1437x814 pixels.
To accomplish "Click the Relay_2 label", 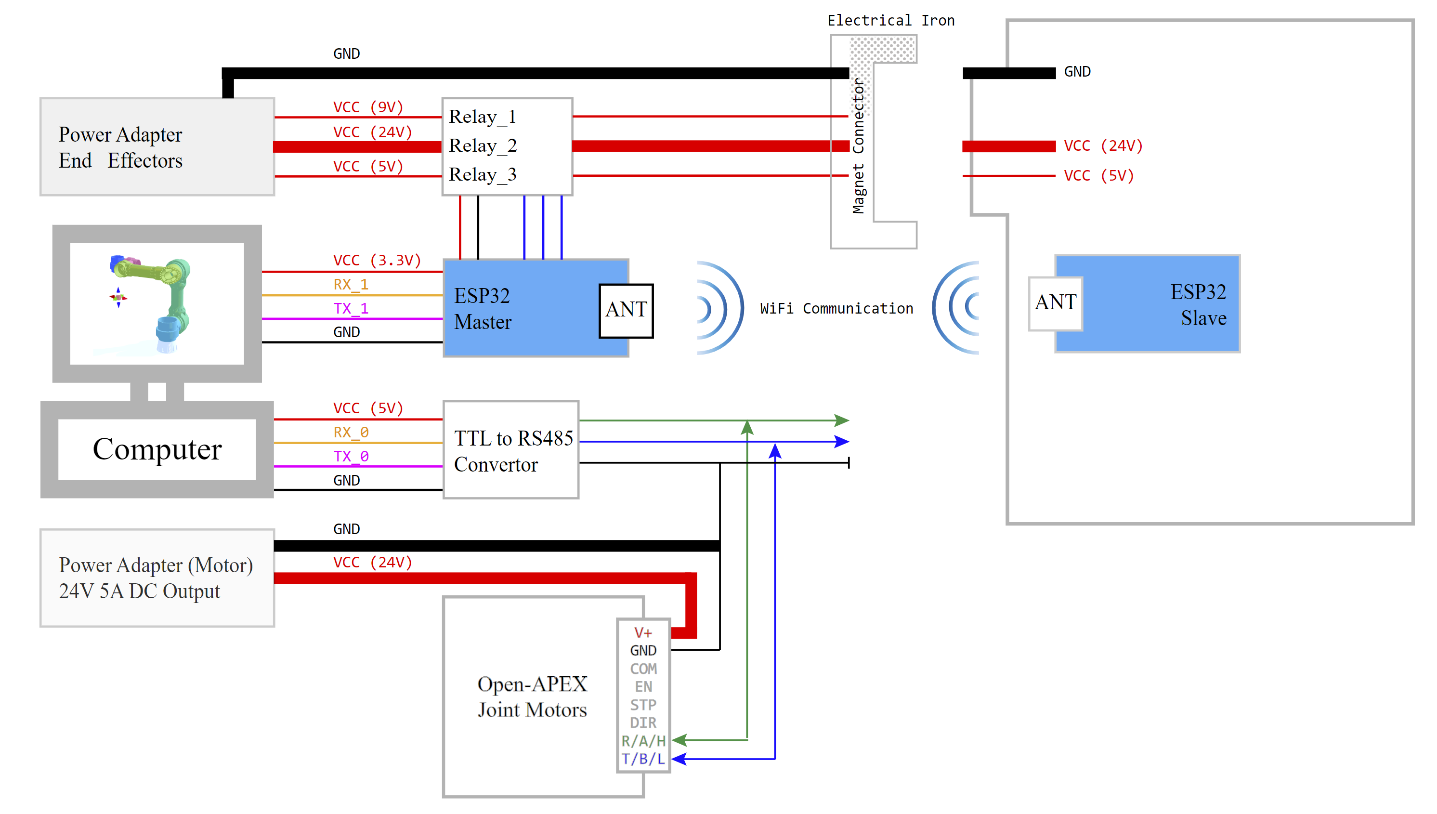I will click(483, 145).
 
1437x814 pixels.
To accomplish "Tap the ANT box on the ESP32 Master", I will click(626, 310).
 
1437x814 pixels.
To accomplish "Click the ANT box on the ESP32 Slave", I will click(1055, 303).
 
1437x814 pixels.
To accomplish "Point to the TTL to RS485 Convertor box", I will click(511, 450).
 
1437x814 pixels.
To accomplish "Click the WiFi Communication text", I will click(836, 309).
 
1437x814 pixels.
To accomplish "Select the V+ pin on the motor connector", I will click(643, 632).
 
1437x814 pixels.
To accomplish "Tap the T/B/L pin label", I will click(643, 759).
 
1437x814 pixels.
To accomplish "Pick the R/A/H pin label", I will click(643, 741).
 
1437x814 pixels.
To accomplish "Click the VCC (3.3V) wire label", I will click(377, 261).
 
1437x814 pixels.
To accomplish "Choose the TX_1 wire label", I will click(351, 309).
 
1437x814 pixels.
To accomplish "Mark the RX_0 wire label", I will click(351, 432).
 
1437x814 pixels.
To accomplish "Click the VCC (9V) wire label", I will click(368, 107).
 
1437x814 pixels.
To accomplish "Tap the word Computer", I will click(157, 449).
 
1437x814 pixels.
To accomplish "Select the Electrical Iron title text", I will click(890, 21).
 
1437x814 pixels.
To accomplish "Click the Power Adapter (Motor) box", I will click(157, 578).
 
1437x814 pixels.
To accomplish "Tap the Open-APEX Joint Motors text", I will click(532, 696).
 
